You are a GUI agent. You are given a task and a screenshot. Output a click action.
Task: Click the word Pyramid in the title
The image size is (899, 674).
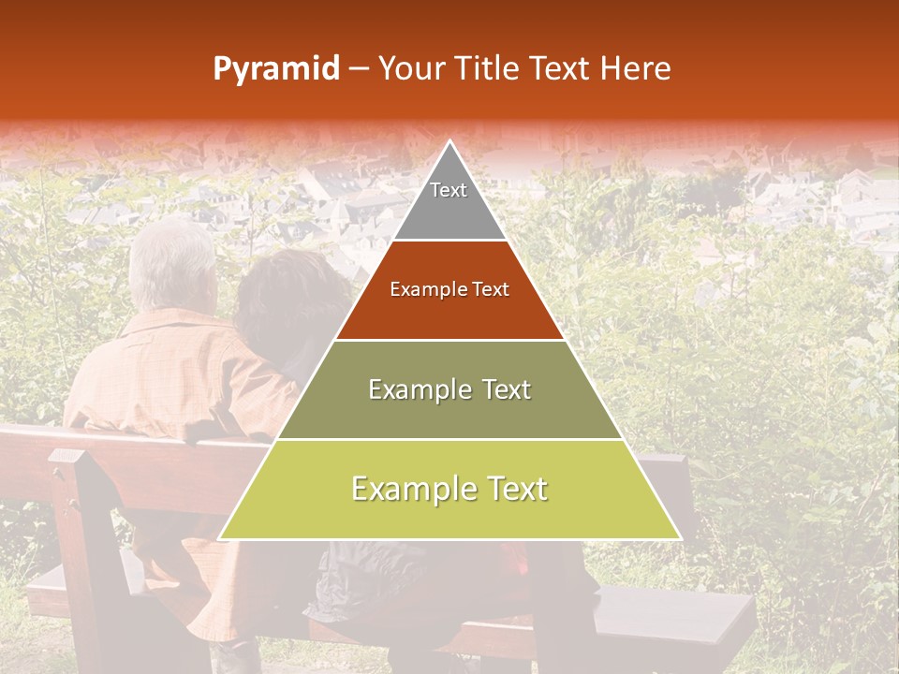click(x=276, y=69)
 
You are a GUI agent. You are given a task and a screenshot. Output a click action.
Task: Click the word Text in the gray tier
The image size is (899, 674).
click(x=449, y=190)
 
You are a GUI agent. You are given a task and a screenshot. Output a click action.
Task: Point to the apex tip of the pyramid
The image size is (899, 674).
click(x=450, y=142)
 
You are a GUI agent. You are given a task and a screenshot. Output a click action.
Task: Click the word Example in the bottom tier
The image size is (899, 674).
click(x=407, y=489)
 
